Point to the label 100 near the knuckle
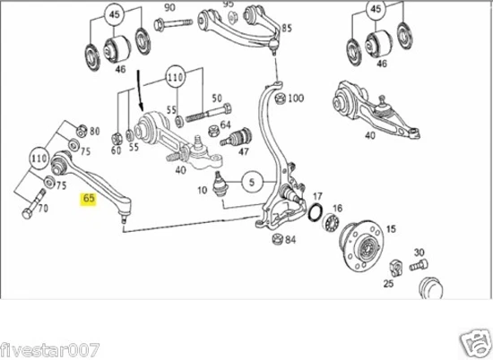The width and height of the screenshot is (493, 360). tap(296, 99)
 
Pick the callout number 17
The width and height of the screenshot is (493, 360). tap(316, 194)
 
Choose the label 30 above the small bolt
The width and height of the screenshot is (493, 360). tap(419, 253)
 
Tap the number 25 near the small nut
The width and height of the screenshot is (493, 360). tap(387, 284)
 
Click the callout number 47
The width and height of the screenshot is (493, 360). tap(242, 153)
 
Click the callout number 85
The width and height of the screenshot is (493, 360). tap(287, 29)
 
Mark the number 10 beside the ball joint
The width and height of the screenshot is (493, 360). tap(202, 191)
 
